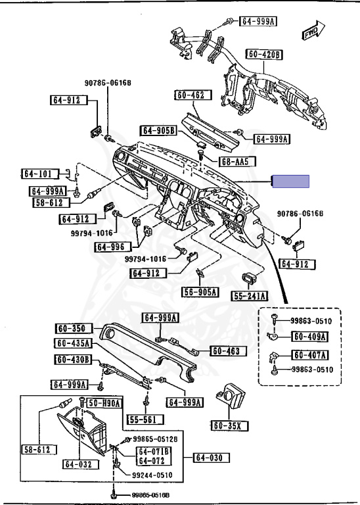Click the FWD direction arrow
[313, 31]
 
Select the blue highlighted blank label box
[291, 181]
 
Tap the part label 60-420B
[264, 55]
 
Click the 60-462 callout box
[193, 95]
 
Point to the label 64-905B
[159, 130]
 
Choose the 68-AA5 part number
[237, 161]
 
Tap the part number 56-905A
[200, 292]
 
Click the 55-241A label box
[250, 296]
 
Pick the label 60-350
[74, 329]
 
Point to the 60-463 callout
[228, 350]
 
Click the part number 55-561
[145, 420]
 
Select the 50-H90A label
[104, 403]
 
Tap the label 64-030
[212, 458]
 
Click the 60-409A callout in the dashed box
[309, 337]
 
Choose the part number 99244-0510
[152, 475]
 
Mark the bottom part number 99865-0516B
[150, 495]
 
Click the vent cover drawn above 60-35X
[231, 397]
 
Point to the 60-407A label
[309, 355]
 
